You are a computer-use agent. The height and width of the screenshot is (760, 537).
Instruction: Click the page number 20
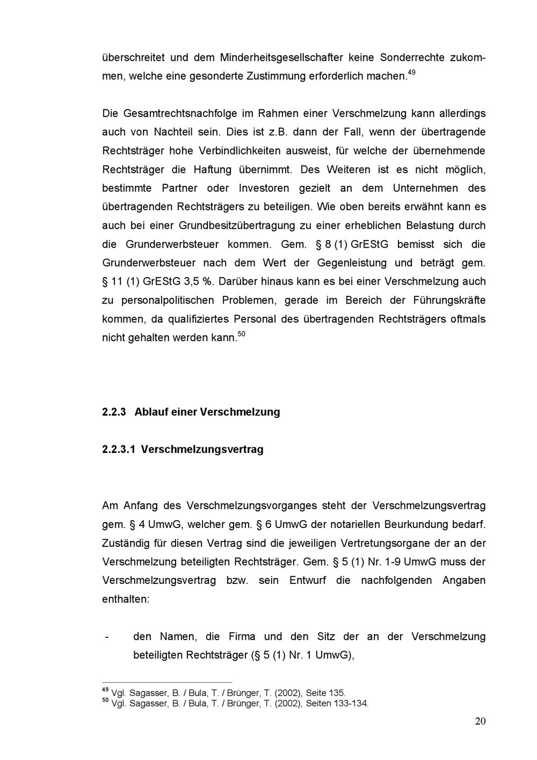click(480, 721)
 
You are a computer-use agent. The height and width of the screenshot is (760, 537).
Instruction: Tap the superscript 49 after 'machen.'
click(411, 73)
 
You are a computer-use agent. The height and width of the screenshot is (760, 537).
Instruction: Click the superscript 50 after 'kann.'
click(241, 335)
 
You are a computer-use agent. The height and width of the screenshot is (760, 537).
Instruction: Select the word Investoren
click(264, 188)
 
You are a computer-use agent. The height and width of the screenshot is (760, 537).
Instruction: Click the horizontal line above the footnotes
click(166, 682)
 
